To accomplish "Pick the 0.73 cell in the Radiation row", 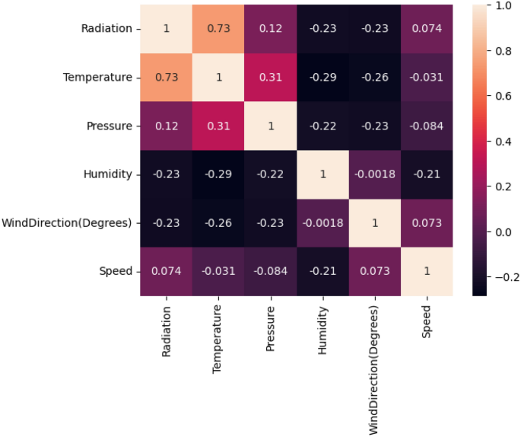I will (x=218, y=29).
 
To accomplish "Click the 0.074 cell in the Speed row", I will (x=167, y=271).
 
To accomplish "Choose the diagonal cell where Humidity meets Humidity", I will (x=322, y=174).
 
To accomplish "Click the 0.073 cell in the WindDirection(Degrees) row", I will (x=427, y=222).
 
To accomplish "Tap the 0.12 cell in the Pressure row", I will (x=167, y=126).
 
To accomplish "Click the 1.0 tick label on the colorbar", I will (x=502, y=5).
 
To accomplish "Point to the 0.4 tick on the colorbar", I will (x=502, y=141).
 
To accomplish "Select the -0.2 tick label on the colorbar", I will (x=500, y=278).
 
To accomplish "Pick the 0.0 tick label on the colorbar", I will (x=502, y=232).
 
